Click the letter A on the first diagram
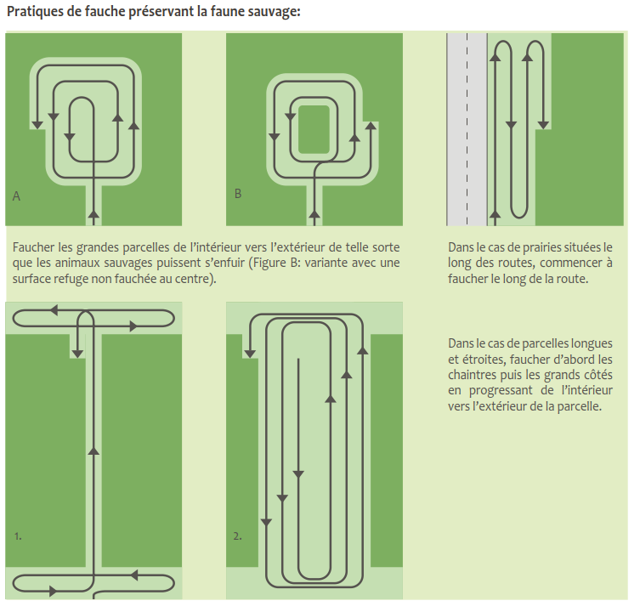coord(16,196)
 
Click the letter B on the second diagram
coord(238,195)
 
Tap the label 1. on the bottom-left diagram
coord(18,536)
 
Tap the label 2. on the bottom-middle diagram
coord(238,536)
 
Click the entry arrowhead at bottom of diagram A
coord(93,210)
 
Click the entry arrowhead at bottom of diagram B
coord(315,209)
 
